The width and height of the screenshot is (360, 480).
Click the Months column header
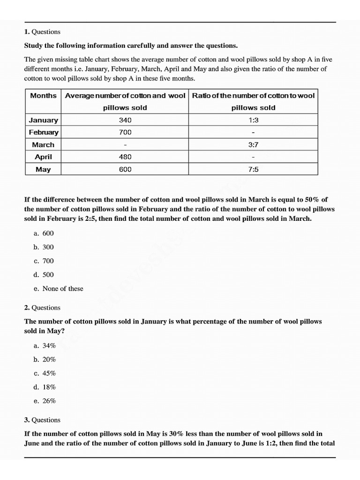tap(43, 96)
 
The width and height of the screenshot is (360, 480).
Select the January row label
tap(43, 120)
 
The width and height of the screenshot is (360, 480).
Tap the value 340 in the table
tap(125, 120)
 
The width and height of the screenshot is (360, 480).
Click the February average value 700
tap(125, 132)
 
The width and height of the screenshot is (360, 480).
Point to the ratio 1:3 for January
tap(253, 120)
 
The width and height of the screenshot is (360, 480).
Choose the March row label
tap(43, 145)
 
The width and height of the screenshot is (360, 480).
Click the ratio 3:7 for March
tap(253, 145)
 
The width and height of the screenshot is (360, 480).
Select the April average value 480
tap(125, 157)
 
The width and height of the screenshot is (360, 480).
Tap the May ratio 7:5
tap(253, 169)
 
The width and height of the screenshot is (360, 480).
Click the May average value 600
tap(125, 169)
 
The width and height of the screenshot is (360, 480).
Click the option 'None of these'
tap(62, 289)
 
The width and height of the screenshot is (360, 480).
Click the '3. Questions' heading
tap(42, 420)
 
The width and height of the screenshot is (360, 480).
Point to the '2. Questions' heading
tap(42, 307)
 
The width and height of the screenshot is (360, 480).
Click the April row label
tap(43, 157)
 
